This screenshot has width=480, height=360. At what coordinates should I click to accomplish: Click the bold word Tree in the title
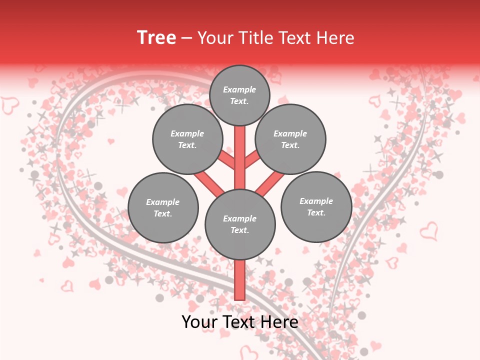(x=156, y=37)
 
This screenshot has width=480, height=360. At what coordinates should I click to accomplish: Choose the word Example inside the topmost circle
(x=239, y=89)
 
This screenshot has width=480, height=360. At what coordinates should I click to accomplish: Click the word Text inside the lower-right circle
(x=316, y=212)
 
